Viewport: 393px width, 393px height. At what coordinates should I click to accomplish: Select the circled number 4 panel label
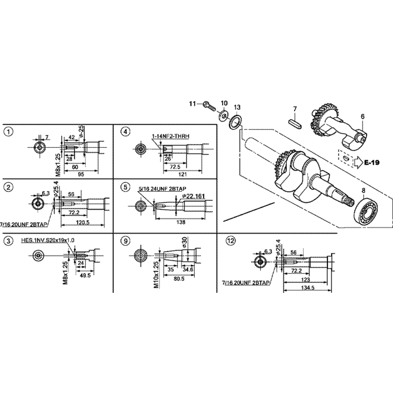tap(125, 131)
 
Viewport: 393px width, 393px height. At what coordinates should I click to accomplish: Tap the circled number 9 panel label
tap(125, 241)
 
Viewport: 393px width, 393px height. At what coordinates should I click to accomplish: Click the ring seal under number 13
tap(234, 121)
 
